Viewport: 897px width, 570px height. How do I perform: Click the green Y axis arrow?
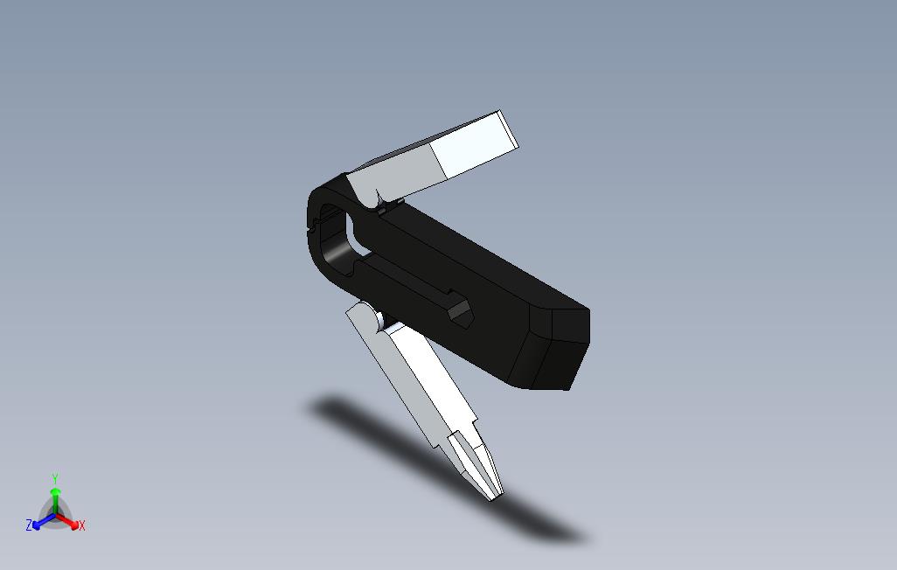(55, 500)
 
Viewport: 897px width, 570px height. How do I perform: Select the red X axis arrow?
(67, 520)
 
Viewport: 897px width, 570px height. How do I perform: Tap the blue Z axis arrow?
(44, 521)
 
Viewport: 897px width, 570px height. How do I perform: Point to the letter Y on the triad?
(55, 478)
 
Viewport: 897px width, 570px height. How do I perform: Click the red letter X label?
(82, 525)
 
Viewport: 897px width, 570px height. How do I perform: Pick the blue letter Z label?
(29, 525)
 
